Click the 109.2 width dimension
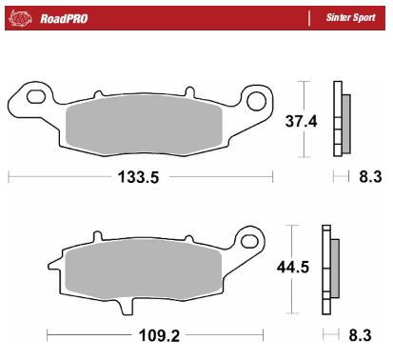(x=157, y=334)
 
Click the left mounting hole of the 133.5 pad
(x=35, y=95)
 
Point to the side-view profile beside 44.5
(x=330, y=268)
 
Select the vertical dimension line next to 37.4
(x=304, y=119)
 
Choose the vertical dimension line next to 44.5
(x=292, y=268)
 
